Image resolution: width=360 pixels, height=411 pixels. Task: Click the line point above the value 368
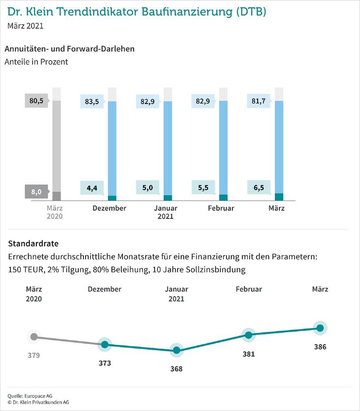[x=176, y=350]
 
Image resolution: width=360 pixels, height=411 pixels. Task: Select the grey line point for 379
[x=34, y=337]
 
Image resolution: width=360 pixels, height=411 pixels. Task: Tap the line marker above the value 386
[x=320, y=328]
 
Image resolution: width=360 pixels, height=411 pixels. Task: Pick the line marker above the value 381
[x=248, y=335]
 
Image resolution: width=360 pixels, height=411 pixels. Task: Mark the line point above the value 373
[x=105, y=344]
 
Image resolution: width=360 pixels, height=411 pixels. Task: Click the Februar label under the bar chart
[x=221, y=208]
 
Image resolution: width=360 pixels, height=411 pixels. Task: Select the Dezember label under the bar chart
[x=109, y=208]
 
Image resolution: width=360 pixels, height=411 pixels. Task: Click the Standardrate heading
[x=33, y=243]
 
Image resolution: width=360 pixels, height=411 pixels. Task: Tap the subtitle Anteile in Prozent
[x=36, y=62]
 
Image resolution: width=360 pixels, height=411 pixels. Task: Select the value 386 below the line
[x=320, y=347]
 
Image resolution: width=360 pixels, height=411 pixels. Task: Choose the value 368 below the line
[x=176, y=369]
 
